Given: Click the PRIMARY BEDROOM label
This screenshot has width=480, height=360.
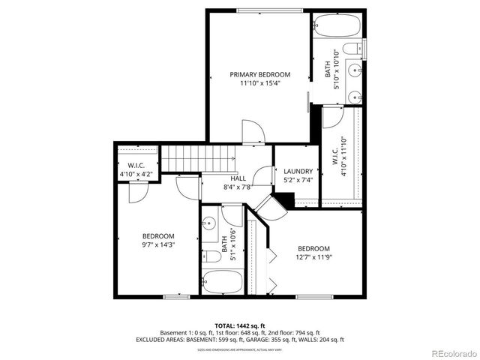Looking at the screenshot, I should point(259,74).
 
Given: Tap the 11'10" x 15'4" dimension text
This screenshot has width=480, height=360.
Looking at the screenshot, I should point(259,83).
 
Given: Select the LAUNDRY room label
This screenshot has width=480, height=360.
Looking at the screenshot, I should point(298,171).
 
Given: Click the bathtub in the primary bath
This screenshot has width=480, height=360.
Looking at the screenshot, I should point(337,27).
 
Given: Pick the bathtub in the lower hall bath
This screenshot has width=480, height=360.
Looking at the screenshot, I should point(223,282).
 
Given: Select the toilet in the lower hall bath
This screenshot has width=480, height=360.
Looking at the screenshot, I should point(212,256).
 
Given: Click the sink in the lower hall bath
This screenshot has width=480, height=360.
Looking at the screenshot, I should point(210,223).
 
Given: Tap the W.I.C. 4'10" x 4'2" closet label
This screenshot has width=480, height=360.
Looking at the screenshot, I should point(136,169).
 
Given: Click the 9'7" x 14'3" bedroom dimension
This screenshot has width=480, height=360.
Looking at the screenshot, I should point(158,244).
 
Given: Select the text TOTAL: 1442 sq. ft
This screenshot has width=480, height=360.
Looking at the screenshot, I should point(239,325).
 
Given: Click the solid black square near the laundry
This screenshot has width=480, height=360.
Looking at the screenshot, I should point(284,200).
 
